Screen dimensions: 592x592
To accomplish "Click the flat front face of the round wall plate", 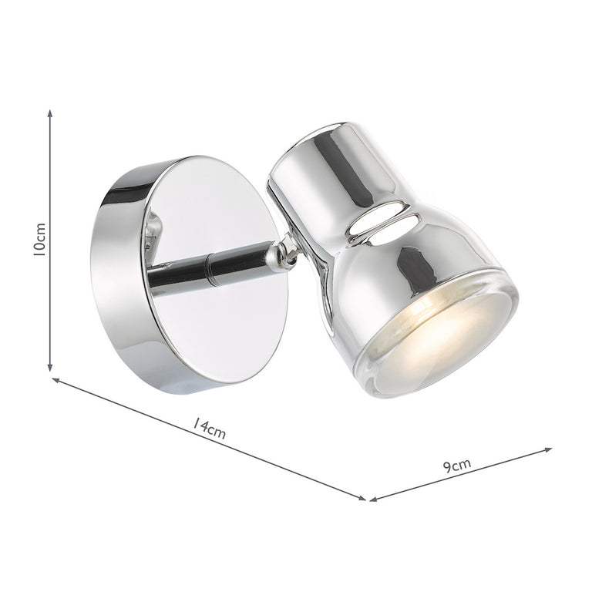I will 224,324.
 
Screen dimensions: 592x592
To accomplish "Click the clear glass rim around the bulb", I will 493,339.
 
